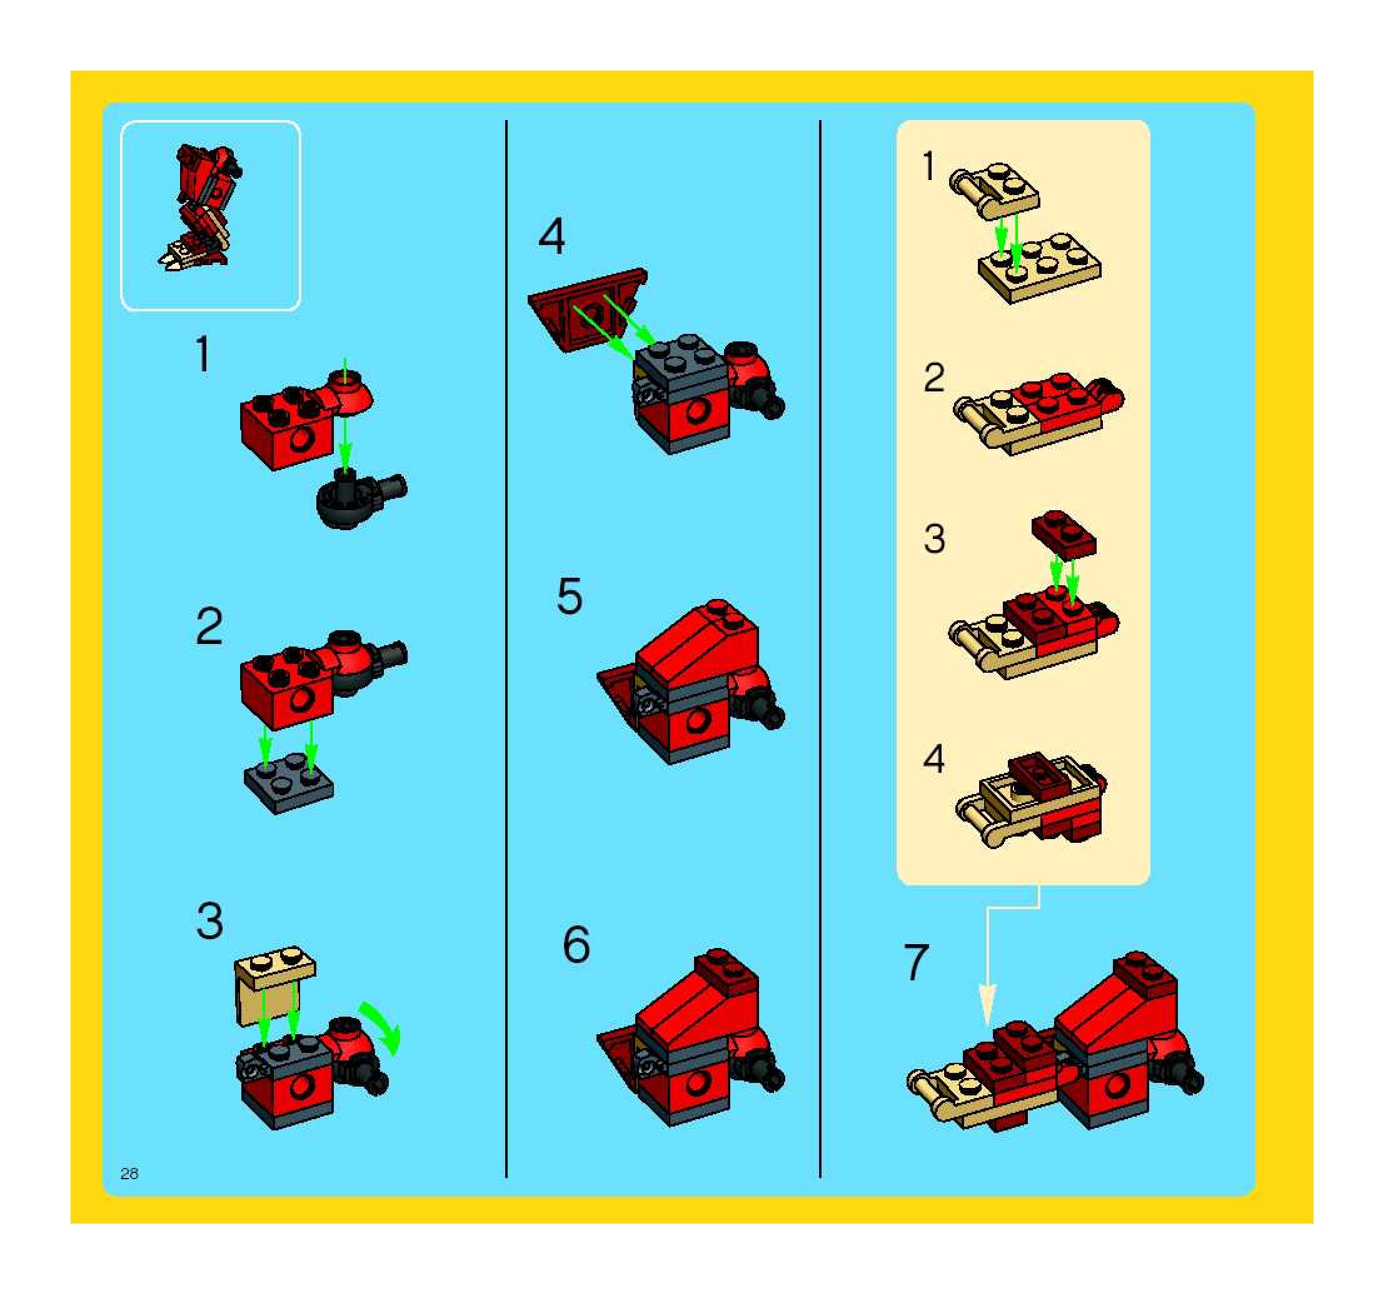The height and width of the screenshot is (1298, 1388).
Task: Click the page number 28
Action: (x=129, y=1174)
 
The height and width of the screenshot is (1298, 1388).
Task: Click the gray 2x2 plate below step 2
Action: (x=289, y=782)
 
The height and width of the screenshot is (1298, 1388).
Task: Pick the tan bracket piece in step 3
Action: (x=275, y=985)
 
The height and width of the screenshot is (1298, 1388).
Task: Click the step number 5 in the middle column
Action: (x=569, y=596)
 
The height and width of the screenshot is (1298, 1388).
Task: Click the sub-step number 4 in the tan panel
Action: (x=933, y=758)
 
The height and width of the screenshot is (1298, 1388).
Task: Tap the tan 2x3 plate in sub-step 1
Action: (x=1040, y=268)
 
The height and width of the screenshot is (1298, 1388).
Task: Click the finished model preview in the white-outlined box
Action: (x=202, y=208)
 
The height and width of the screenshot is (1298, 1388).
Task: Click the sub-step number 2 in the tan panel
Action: (x=934, y=378)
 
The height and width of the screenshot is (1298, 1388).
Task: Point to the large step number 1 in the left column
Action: (x=203, y=354)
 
